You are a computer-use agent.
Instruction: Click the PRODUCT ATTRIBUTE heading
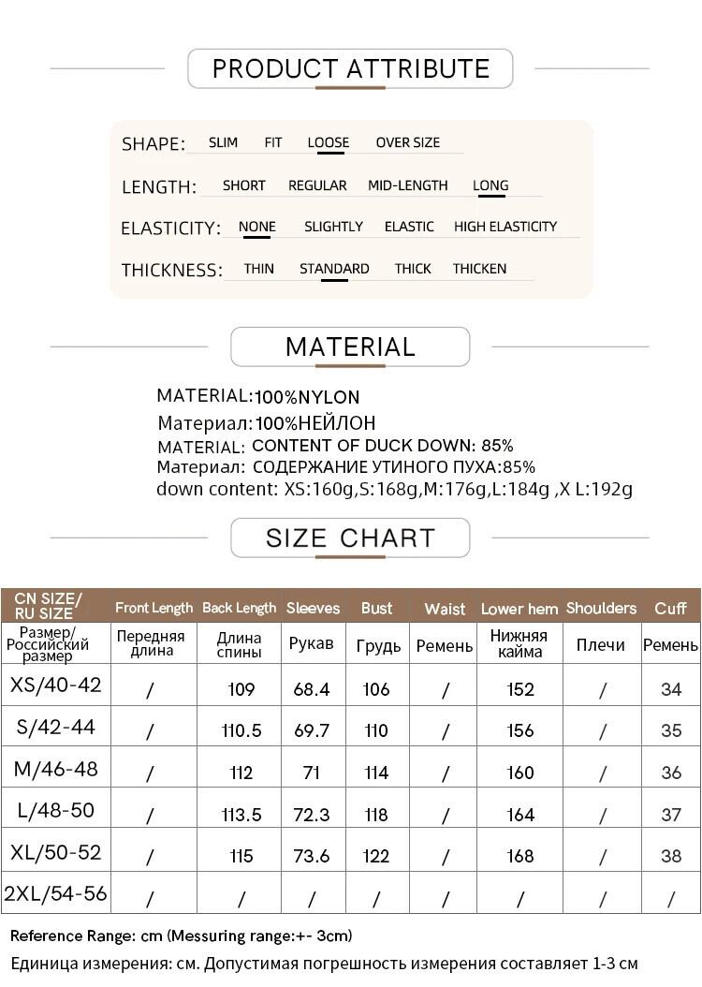[350, 68]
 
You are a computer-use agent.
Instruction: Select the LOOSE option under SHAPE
[328, 142]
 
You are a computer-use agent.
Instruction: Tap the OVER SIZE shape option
[407, 142]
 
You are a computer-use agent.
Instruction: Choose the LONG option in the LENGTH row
[490, 185]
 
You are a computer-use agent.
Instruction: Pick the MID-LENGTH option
[407, 185]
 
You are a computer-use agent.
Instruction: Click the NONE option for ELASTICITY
[256, 227]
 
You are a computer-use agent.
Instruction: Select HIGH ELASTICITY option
[505, 227]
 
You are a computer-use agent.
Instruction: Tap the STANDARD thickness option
[334, 269]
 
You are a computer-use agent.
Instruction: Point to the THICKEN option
[479, 269]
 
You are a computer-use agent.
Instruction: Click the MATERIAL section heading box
[350, 346]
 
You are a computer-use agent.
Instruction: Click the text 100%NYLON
[307, 397]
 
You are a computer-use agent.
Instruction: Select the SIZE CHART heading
[350, 538]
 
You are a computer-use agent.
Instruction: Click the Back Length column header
[240, 608]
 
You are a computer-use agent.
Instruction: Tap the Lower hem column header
[519, 609]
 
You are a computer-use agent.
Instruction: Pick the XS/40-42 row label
[55, 685]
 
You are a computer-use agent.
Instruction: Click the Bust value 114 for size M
[376, 773]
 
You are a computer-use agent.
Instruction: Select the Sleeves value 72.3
[312, 815]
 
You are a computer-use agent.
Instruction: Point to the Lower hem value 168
[519, 856]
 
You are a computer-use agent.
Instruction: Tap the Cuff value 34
[671, 689]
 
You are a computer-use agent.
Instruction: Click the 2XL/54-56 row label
[55, 893]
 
